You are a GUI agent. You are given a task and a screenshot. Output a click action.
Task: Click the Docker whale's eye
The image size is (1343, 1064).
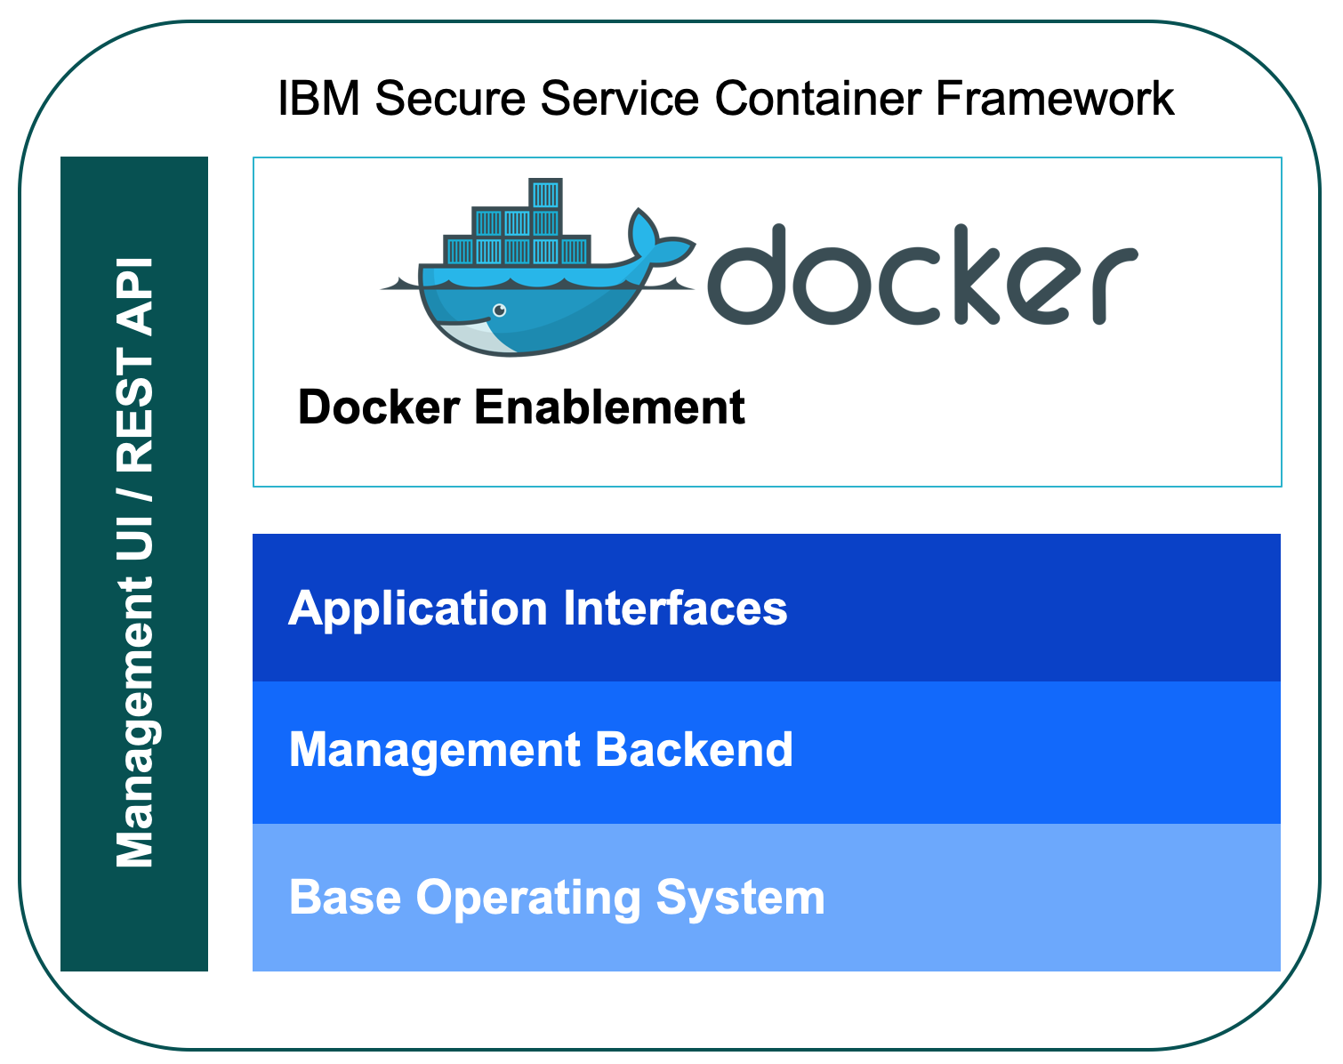(x=499, y=310)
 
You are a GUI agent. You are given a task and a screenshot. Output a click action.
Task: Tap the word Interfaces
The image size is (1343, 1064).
(x=675, y=609)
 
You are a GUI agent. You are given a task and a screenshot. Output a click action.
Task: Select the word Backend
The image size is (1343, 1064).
(x=694, y=749)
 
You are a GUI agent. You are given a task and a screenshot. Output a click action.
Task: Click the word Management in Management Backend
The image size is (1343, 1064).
(x=435, y=751)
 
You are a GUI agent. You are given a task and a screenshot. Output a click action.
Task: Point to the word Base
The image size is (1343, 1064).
(x=345, y=897)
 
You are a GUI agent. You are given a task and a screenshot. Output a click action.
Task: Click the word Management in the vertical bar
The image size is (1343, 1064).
(x=136, y=722)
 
